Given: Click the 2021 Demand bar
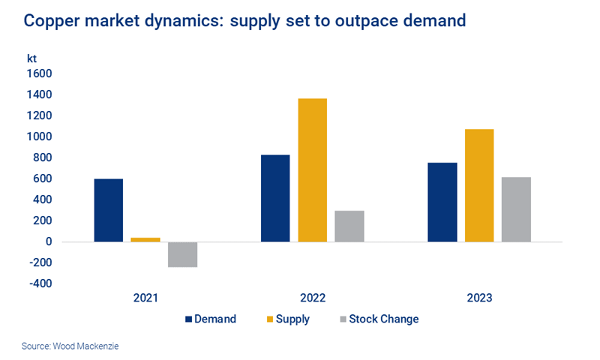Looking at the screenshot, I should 109,210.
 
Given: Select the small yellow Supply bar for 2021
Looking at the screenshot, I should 145,239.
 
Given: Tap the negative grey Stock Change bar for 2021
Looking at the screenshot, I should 182,254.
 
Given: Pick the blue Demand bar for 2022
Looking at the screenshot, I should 275,198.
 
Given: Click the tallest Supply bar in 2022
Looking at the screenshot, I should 312,170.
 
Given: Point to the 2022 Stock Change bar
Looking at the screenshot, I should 349,226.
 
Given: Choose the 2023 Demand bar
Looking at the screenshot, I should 442,202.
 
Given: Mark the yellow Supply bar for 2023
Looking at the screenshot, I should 478,185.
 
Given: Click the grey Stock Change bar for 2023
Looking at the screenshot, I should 516,209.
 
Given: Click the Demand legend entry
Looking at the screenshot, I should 211,319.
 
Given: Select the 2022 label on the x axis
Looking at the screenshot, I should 312,298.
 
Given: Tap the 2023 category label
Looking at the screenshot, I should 478,298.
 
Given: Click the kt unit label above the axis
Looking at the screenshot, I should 31,57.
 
